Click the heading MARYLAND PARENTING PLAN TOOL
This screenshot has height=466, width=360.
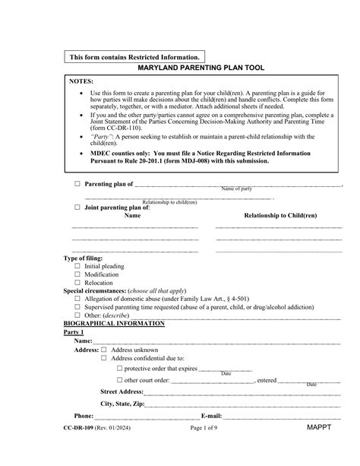201,68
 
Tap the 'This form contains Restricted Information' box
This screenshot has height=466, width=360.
135,57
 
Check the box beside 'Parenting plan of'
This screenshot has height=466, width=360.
77,184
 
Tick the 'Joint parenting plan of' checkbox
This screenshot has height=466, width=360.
77,207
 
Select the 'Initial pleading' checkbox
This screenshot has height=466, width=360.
77,267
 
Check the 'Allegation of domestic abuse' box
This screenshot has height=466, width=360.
77,299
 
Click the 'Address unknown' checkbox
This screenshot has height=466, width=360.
103,350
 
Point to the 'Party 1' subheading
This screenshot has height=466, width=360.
74,333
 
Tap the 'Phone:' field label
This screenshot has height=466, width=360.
84,417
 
